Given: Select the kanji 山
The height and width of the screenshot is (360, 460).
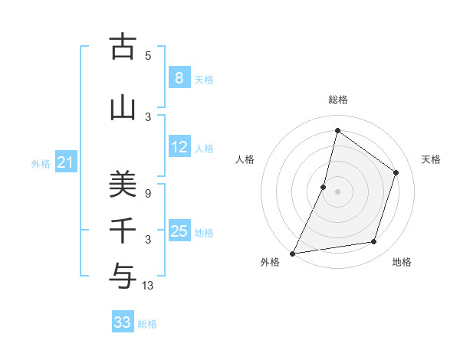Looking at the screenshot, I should click(121, 108).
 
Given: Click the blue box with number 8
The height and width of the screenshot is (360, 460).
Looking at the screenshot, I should click(179, 77).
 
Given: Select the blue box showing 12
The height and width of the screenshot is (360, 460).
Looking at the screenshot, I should click(179, 147).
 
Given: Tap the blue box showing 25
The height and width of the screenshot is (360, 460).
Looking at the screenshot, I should click(179, 231).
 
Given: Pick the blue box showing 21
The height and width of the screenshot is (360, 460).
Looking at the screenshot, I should click(66, 162).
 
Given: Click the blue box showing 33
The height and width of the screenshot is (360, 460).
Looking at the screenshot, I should click(123, 322).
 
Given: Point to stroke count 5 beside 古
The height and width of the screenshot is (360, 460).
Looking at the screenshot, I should click(148, 55).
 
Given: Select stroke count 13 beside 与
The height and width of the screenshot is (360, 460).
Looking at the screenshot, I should click(148, 286).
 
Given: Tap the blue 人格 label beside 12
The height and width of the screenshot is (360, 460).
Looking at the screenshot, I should click(204, 148).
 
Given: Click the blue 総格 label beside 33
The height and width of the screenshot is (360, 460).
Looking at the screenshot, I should click(147, 324).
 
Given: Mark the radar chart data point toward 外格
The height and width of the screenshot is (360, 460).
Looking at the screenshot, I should click(292, 253).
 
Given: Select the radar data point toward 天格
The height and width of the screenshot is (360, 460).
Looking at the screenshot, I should click(396, 172).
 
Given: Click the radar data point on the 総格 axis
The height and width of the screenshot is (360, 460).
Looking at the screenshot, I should click(337, 131).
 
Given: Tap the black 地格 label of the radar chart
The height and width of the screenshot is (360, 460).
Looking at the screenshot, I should click(402, 263).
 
